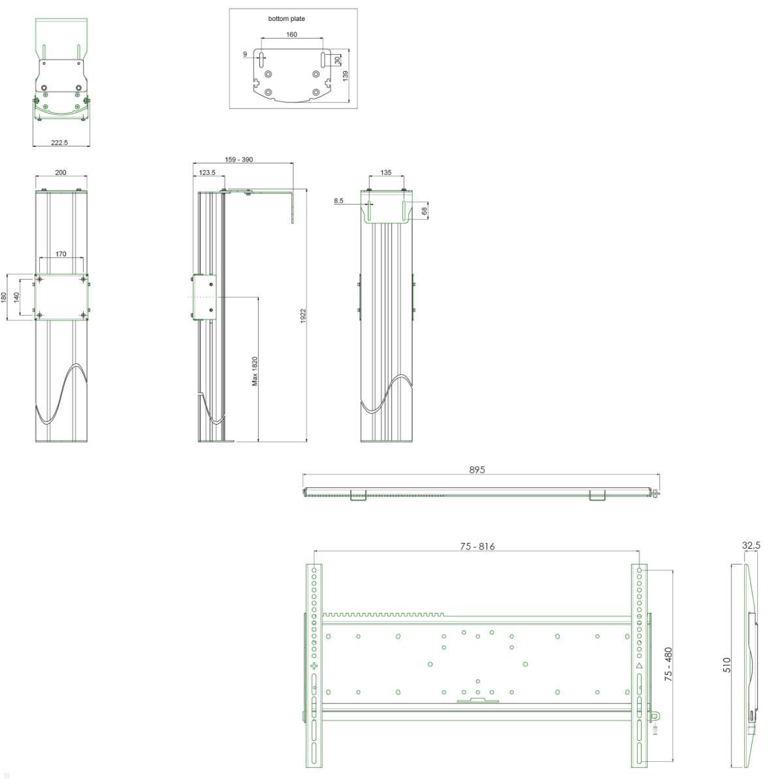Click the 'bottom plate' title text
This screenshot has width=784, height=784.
tap(286, 19)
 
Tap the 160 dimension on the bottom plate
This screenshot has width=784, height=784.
tap(291, 35)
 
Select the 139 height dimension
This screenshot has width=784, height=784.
tap(346, 76)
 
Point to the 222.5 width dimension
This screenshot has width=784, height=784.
tap(59, 142)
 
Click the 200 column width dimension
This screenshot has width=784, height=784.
tap(61, 172)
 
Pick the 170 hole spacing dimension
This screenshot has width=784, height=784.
tap(61, 254)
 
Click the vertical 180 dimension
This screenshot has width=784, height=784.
tap(4, 297)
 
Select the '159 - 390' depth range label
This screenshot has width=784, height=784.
tap(239, 159)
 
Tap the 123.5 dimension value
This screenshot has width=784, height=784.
tap(207, 172)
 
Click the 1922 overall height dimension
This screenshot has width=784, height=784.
tap(303, 316)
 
